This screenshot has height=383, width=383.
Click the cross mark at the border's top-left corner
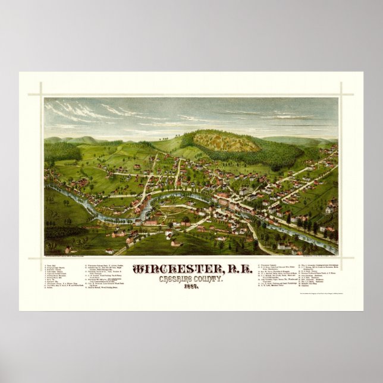43,94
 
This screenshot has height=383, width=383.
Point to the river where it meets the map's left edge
48,187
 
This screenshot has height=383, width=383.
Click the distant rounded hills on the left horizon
74,140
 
